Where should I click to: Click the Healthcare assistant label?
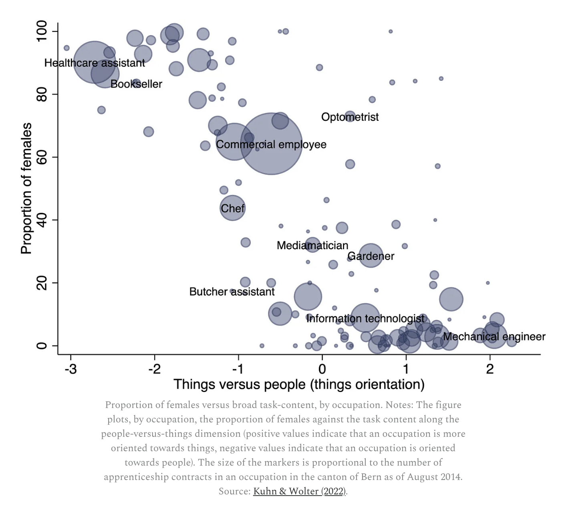[95, 63]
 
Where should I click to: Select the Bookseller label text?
[136, 84]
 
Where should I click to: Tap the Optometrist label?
[350, 117]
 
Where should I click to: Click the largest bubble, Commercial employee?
[271, 144]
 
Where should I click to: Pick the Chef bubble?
[232, 208]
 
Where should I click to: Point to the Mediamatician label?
[312, 245]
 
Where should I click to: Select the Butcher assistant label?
[232, 292]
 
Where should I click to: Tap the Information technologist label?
[365, 318]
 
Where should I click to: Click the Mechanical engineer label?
[494, 336]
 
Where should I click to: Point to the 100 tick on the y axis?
[42, 32]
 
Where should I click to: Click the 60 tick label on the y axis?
[42, 157]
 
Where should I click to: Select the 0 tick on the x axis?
[322, 368]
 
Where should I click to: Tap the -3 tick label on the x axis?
[70, 368]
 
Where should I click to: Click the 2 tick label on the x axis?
[490, 368]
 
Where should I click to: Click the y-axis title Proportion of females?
[26, 188]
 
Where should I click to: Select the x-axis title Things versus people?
[299, 384]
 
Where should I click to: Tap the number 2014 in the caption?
[450, 477]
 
